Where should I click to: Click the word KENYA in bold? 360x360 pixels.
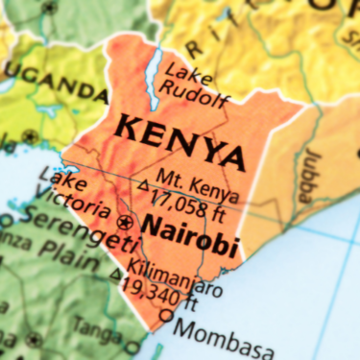tap(178, 141)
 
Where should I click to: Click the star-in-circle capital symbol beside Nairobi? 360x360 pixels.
tap(124, 223)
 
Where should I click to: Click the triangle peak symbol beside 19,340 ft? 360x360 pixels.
tap(116, 276)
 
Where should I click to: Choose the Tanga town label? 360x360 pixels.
tap(100, 328)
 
